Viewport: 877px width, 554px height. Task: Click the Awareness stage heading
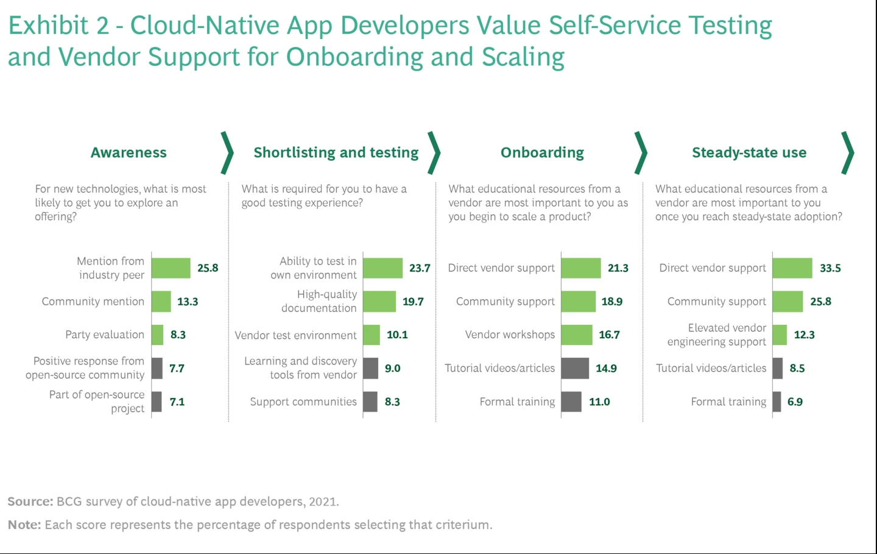[129, 152]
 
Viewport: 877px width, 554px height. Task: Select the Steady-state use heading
[749, 152]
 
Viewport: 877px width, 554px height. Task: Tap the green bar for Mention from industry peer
[171, 268]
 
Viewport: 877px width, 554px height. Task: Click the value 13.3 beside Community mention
[188, 302]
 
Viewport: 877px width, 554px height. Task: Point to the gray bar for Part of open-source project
[157, 402]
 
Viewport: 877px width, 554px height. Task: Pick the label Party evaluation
[105, 335]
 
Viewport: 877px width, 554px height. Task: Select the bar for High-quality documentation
[379, 301]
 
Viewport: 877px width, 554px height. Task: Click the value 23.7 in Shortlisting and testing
[420, 268]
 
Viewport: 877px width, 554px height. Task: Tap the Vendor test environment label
[295, 335]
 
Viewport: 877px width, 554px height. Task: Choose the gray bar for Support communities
[370, 402]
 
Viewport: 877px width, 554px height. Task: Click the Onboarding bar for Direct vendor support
[581, 268]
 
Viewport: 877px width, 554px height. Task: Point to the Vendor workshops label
[510, 335]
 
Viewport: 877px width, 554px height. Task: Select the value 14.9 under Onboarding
[606, 368]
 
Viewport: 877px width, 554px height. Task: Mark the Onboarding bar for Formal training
[571, 402]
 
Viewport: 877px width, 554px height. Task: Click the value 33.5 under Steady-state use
[830, 268]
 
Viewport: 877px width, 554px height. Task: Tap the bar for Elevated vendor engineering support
[780, 335]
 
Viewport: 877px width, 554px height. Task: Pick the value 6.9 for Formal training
[795, 402]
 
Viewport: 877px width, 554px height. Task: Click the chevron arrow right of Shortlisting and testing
[434, 152]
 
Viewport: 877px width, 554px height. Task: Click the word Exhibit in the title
[49, 26]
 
